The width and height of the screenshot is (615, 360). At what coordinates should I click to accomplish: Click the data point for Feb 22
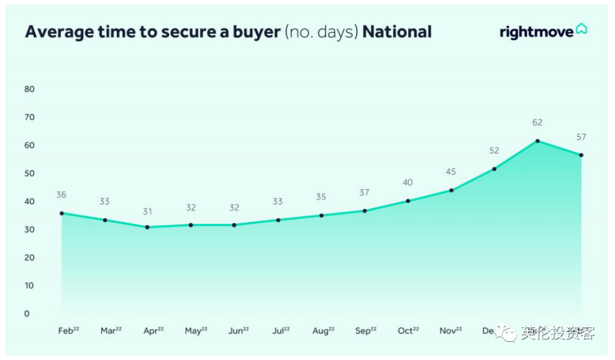61,213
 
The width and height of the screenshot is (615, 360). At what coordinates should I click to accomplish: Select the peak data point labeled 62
538,141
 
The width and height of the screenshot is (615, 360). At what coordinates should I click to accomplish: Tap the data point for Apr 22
147,227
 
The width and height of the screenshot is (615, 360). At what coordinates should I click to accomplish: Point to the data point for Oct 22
408,201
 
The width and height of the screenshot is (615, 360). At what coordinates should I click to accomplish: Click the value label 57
581,137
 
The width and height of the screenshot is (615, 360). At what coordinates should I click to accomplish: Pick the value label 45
451,172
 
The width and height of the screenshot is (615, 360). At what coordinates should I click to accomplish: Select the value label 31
147,211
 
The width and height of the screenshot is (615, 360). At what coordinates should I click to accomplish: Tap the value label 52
494,150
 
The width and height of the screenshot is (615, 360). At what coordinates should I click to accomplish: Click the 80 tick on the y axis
30,89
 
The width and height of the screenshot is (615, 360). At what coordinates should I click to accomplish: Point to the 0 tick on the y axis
26,313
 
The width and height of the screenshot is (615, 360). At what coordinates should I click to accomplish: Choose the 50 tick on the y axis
30,173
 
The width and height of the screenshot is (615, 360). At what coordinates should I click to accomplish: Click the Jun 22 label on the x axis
238,331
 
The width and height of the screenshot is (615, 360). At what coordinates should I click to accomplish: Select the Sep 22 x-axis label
366,331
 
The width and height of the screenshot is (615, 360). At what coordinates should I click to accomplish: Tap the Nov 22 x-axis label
450,331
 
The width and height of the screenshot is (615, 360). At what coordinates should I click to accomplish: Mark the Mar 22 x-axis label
111,331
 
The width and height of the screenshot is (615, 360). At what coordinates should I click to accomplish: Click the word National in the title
397,32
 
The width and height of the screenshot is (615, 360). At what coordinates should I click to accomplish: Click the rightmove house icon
581,29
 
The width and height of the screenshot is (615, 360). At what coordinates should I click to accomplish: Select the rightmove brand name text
536,32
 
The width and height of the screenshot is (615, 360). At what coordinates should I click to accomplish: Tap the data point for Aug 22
322,215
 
